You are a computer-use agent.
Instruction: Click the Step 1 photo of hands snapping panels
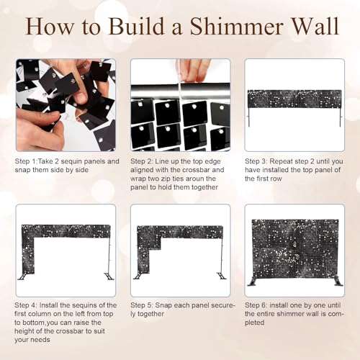[65, 104]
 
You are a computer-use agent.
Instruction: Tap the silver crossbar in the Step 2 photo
[180, 91]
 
